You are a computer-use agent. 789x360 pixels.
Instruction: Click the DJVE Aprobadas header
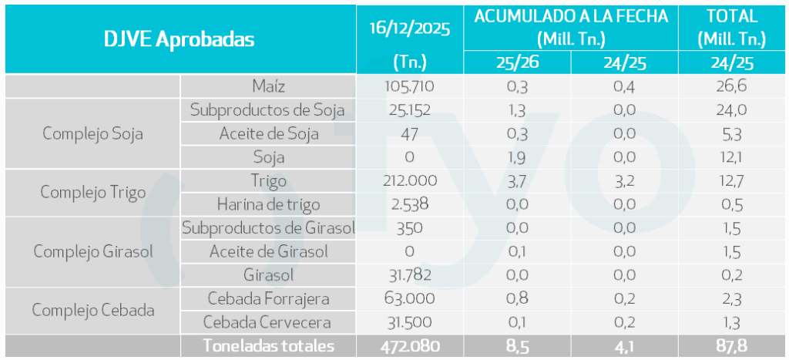[179, 39]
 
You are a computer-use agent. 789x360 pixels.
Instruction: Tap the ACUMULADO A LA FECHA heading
[571, 16]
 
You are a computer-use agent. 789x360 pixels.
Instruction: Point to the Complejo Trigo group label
[92, 192]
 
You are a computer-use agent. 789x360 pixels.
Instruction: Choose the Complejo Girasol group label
[92, 251]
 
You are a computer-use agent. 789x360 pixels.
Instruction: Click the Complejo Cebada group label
[92, 311]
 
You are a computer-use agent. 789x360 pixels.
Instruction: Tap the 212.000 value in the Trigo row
[409, 180]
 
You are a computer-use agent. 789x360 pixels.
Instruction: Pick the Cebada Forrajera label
[268, 298]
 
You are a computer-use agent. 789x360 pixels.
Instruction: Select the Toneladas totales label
[268, 346]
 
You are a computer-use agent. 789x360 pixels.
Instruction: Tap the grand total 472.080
[409, 346]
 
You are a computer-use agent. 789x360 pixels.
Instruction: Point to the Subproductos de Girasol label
[268, 227]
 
